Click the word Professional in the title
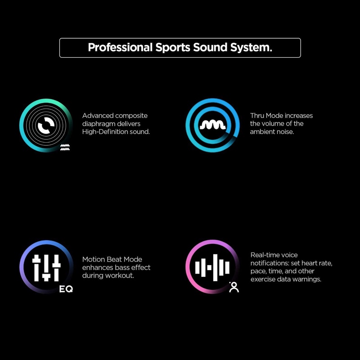(120, 48)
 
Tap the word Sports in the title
(173, 48)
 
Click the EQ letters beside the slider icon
(66, 289)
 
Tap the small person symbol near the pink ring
(234, 287)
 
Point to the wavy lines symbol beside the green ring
(65, 148)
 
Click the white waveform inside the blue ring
(213, 126)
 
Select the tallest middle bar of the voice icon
(215, 267)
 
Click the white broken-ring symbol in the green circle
(46, 125)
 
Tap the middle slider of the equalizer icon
(46, 268)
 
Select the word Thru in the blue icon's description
(257, 116)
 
